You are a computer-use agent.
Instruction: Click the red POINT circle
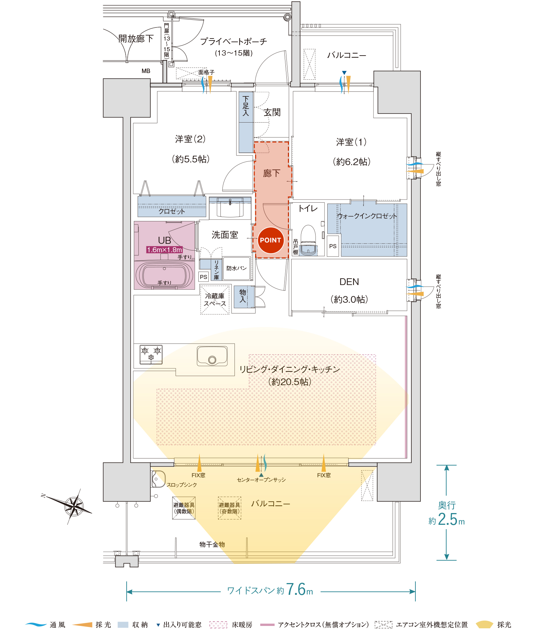270,240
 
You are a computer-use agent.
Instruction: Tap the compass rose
74,506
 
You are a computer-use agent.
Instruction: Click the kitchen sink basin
212,356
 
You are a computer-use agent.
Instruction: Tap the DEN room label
349,282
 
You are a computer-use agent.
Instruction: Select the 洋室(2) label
190,139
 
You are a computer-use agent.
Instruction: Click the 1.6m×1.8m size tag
164,250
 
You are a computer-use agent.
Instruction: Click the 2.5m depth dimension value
447,519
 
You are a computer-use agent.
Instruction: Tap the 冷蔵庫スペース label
215,300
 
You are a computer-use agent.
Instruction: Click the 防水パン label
237,268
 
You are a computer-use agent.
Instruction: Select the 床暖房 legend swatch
218,625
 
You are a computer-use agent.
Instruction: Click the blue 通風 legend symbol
36,625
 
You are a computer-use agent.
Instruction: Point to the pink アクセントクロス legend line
267,625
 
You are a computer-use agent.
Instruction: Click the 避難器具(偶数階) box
184,508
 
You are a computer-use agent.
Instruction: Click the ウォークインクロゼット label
367,216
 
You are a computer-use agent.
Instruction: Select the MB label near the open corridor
146,71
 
